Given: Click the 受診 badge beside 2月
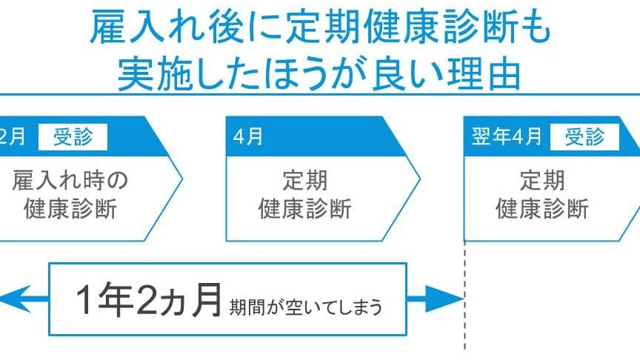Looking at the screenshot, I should tap(80, 137).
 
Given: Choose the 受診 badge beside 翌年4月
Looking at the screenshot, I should tap(585, 137).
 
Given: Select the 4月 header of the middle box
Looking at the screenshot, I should tap(248, 137).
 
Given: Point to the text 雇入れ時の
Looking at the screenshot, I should tap(70, 180).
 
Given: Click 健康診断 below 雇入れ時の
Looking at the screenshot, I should tap(70, 208).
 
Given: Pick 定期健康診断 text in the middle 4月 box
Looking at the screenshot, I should tap(304, 194).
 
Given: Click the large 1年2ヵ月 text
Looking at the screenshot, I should tap(148, 301).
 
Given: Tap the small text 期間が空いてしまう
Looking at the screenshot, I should tap(306, 306).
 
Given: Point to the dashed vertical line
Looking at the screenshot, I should tap(464, 311).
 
